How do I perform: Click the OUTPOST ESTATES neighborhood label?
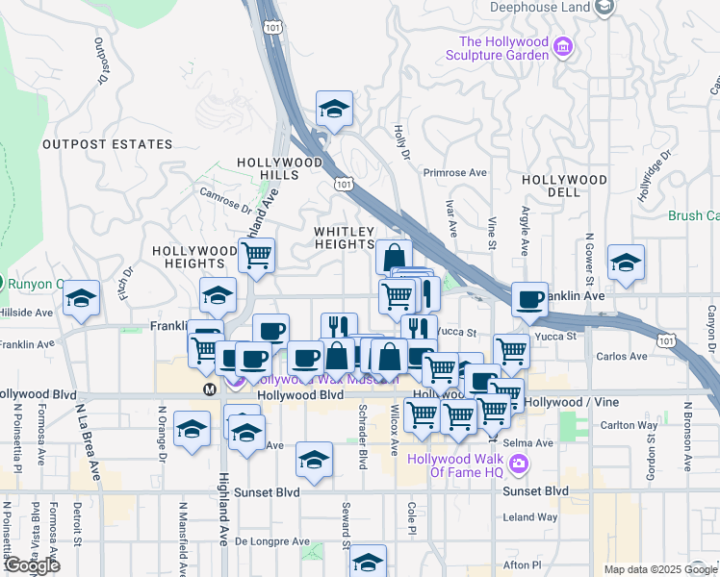107,144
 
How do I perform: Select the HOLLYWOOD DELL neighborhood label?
564,187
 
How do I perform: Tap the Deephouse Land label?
539,8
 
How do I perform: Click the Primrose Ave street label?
456,173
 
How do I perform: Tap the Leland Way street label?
530,516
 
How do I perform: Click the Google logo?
31,565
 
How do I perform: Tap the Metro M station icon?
210,389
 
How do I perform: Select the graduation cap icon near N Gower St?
626,263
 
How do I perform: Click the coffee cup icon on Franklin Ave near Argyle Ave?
529,299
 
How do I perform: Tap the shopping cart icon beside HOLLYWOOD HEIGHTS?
256,256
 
